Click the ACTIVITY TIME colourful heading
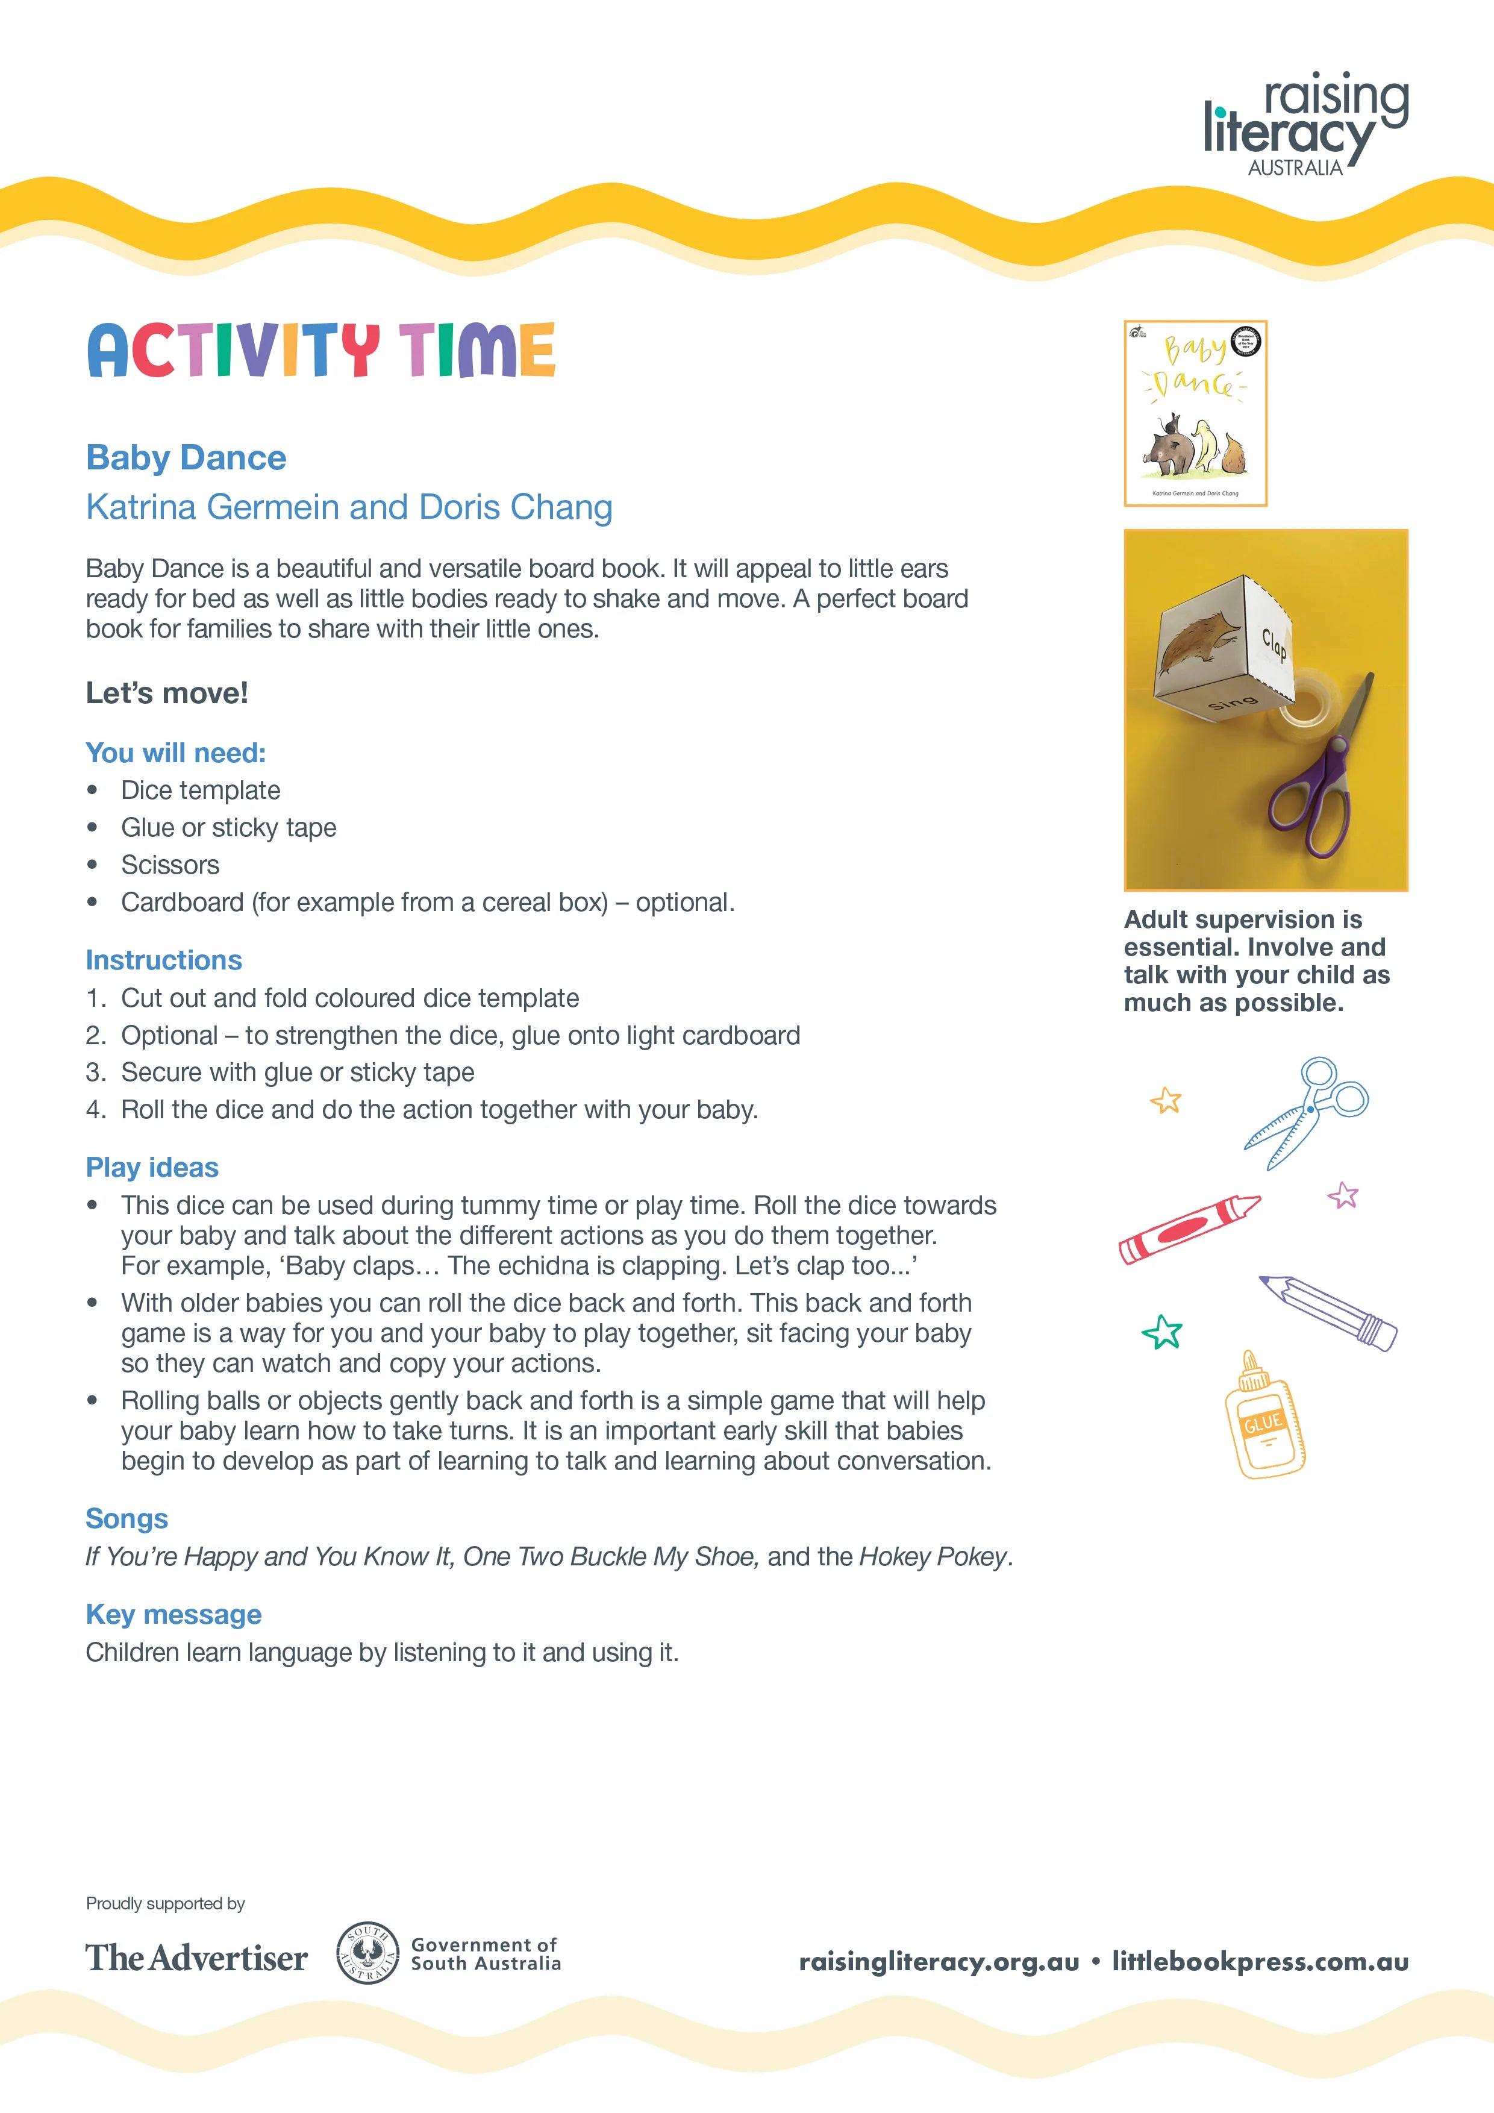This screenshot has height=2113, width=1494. coord(321,351)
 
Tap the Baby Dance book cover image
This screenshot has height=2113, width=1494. coord(1195,413)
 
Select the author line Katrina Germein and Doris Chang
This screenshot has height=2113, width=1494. coord(349,507)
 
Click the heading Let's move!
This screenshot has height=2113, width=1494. coord(166,693)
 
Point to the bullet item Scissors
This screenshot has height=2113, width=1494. coord(170,865)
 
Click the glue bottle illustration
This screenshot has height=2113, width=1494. coord(1263,1417)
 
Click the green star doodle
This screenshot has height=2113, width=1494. coord(1162,1332)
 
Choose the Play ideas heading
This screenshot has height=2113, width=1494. coord(152,1167)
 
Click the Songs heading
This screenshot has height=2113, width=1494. coord(127,1518)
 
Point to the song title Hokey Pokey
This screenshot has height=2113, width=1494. coord(933,1556)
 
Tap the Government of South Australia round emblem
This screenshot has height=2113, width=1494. coord(368,1953)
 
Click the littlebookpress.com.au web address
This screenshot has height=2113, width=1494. coord(1260,1961)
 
